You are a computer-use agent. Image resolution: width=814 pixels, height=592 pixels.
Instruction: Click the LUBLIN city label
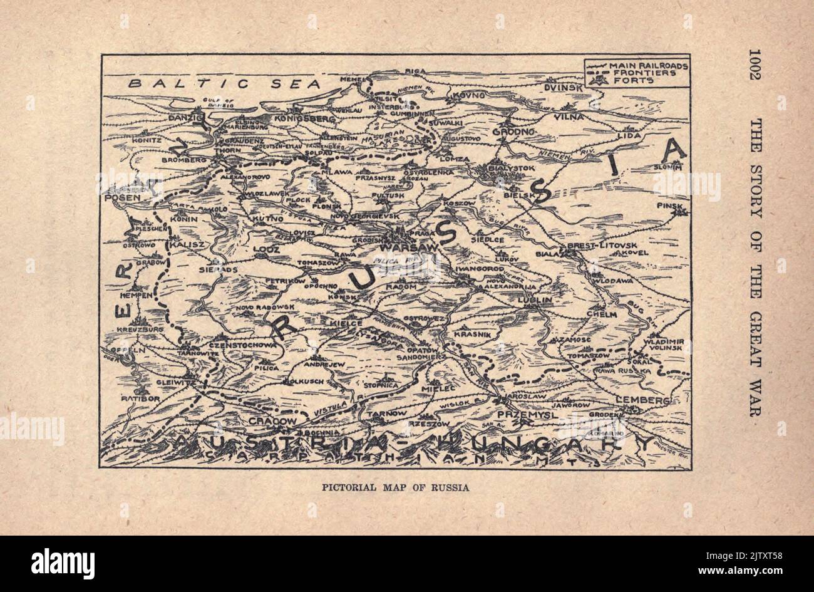click(x=534, y=300)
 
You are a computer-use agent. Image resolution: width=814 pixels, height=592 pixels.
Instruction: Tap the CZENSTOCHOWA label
click(x=243, y=345)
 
